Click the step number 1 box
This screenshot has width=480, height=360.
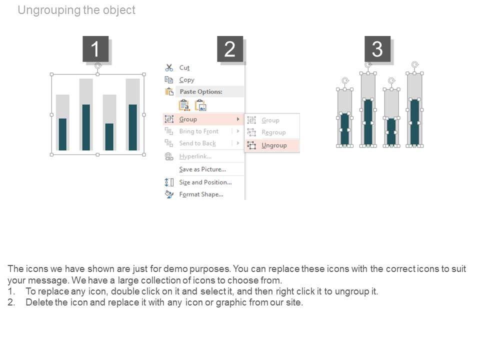point(95,48)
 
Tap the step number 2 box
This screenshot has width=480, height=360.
point(230,48)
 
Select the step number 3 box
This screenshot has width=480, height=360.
point(377,48)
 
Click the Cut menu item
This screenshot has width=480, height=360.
point(184,67)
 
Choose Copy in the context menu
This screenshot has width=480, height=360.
point(186,80)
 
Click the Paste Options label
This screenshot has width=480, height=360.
point(201,91)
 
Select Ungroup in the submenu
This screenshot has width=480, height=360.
point(274,145)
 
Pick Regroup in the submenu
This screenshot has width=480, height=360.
point(273,132)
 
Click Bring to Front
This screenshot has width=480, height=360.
point(199,131)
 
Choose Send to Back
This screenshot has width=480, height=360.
point(197,143)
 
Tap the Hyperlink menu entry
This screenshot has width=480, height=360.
point(195,156)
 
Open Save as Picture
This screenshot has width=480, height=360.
point(202,169)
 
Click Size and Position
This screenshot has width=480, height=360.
point(205,182)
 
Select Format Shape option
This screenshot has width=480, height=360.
point(201,194)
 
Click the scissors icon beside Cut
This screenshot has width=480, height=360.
point(169,67)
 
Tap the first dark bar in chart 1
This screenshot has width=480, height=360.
point(62,134)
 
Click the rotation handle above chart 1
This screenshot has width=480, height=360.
point(97,65)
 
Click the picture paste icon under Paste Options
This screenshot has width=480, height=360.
point(201,105)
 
